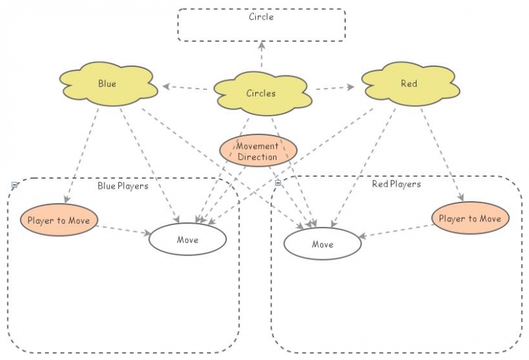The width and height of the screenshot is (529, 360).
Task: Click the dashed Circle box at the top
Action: coord(261,25)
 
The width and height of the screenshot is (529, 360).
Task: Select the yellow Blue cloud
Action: coord(107,84)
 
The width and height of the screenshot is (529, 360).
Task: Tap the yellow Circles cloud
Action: coord(261,93)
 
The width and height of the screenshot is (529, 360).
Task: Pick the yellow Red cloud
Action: coord(409,84)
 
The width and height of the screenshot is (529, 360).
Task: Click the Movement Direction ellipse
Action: coord(258,151)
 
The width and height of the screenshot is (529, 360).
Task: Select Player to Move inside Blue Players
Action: coord(60,220)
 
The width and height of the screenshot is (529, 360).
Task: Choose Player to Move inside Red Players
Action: coord(471,218)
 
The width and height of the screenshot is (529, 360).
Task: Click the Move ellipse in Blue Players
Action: coord(188,240)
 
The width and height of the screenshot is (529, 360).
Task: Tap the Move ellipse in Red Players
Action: coord(323,244)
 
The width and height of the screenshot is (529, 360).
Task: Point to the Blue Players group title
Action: coord(123,186)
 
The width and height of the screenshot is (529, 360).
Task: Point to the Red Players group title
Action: coord(396,184)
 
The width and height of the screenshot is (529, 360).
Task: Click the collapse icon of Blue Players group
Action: coord(15,186)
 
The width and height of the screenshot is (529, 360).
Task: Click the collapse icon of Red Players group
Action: coord(278,182)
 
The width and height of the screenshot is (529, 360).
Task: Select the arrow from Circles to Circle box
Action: coord(261,56)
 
